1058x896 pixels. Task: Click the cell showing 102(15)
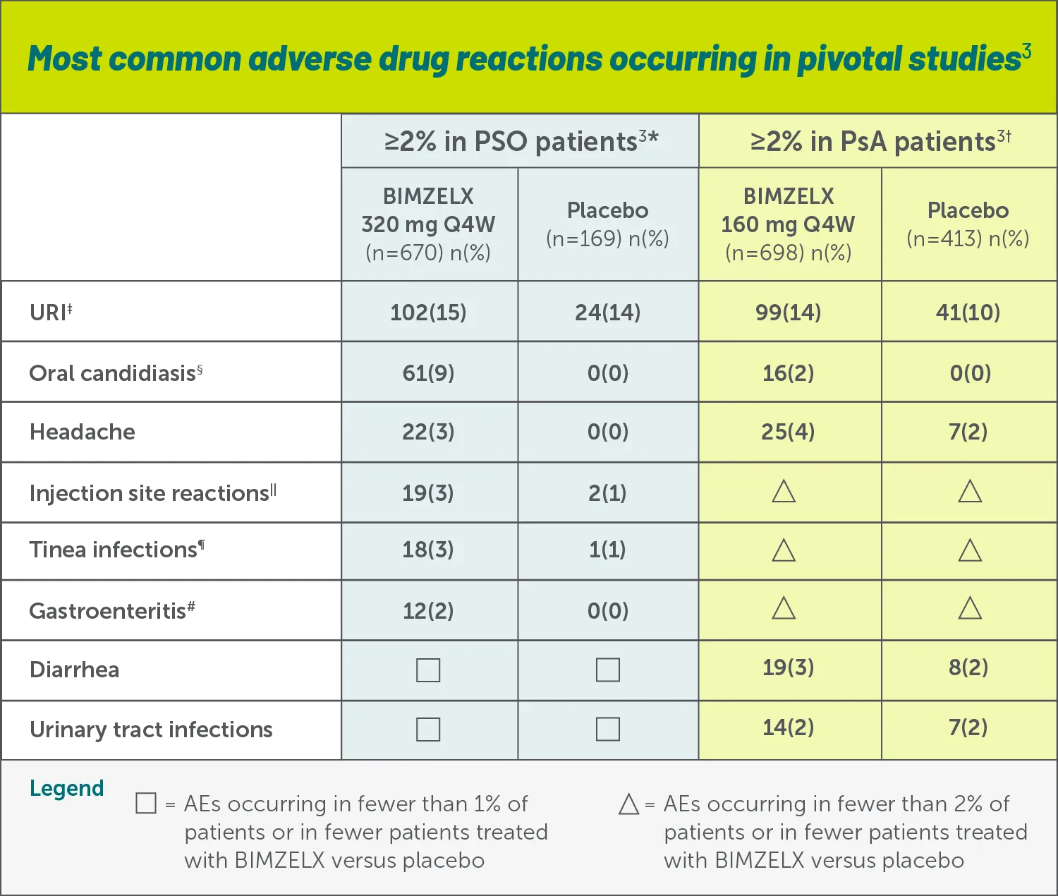(428, 312)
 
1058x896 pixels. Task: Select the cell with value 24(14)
(607, 312)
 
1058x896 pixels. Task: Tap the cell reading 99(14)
(788, 312)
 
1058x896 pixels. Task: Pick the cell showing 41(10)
(968, 312)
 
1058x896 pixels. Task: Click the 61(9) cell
(428, 373)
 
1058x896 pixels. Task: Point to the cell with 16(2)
(788, 373)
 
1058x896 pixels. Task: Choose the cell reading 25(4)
(788, 431)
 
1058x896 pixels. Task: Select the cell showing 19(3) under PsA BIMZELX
(788, 667)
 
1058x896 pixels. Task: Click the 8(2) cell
(968, 667)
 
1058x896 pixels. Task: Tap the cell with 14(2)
(788, 727)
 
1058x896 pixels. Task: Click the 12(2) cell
(428, 610)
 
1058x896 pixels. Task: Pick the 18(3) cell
(428, 549)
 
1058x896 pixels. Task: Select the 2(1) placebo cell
(607, 492)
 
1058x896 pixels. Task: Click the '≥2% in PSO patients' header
(521, 141)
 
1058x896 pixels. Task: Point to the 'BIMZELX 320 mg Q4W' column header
(428, 224)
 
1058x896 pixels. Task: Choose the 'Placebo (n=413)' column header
(968, 224)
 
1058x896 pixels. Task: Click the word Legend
(66, 788)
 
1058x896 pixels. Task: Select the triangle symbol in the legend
(628, 804)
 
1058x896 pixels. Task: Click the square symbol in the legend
(146, 804)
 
